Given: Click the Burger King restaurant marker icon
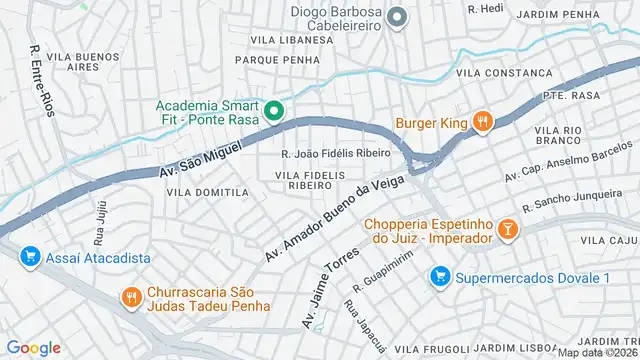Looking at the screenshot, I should point(482,121).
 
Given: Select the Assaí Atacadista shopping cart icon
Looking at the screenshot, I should point(29,257).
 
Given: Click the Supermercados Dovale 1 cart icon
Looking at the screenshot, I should point(438,275).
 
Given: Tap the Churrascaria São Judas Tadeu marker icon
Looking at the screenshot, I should point(130,296).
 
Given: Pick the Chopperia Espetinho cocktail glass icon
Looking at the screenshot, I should point(507,230).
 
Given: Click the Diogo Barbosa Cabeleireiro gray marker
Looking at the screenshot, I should point(397,16).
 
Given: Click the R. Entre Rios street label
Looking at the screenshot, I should point(40,77).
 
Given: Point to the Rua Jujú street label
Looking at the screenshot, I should point(100,232).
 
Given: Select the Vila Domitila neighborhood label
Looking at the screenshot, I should point(207,192).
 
